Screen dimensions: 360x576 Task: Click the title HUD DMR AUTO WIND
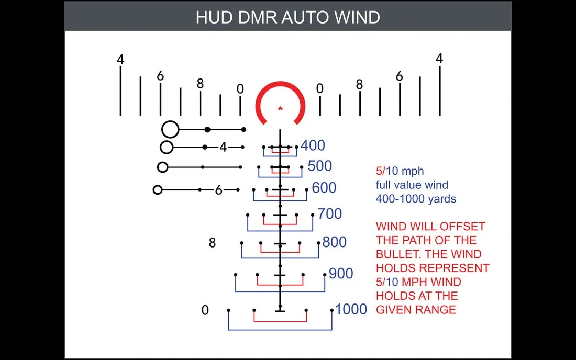[x=287, y=17]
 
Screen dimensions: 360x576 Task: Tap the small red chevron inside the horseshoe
[x=280, y=108]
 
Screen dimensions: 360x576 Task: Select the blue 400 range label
[x=313, y=145]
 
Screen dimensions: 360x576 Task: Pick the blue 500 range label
[x=319, y=166]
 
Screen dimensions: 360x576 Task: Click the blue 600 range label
[x=324, y=188]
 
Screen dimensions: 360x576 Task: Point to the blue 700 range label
[x=329, y=213]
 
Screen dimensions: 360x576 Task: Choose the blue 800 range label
[x=335, y=243]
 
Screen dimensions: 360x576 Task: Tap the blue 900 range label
[x=341, y=273]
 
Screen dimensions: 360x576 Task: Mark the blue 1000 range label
[x=351, y=309]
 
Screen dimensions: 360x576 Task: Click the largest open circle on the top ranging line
[x=170, y=129]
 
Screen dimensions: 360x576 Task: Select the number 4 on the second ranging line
[x=223, y=148]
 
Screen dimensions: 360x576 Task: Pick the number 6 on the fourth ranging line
[x=219, y=190]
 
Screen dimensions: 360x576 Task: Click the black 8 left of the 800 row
[x=212, y=243]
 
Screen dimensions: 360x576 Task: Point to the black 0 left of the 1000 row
[x=205, y=310]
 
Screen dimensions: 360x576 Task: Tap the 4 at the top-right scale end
[x=439, y=59]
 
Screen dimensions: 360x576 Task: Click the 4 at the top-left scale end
[x=120, y=60]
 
